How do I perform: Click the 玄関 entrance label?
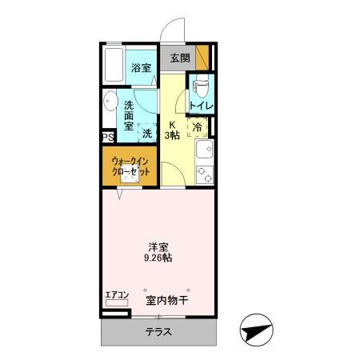[x=180, y=58]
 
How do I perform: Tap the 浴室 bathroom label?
[x=142, y=67]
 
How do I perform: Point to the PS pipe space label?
[x=107, y=137]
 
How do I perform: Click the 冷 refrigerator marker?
[x=198, y=126]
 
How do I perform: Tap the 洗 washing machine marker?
[x=147, y=134]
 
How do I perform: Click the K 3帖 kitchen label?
[x=172, y=130]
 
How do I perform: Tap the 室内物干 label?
[x=166, y=301]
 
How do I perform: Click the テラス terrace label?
[x=159, y=331]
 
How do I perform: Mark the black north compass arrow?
[x=256, y=329]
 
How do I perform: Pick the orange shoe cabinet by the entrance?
[x=203, y=58]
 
